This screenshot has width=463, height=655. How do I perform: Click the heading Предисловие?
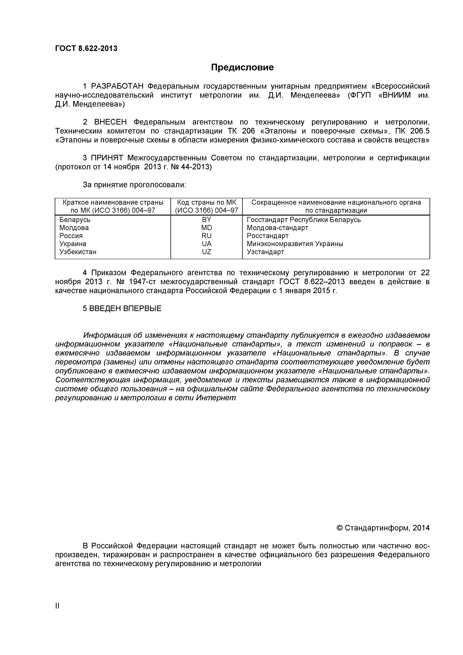pyautogui.click(x=242, y=67)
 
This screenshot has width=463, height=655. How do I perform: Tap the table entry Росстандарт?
pyautogui.click(x=268, y=236)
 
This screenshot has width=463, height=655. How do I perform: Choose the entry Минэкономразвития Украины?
pyautogui.click(x=295, y=244)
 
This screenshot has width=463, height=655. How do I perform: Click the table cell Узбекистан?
pyautogui.click(x=78, y=252)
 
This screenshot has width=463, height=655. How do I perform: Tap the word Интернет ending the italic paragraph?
pyautogui.click(x=216, y=398)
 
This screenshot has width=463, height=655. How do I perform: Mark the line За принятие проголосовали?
pyautogui.click(x=134, y=185)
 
